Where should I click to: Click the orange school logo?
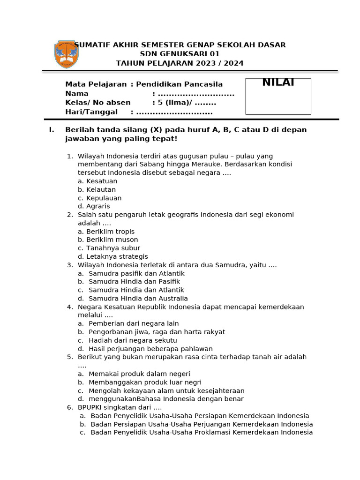click(x=66, y=54)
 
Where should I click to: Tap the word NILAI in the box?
click(x=278, y=83)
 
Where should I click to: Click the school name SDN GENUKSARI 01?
click(x=180, y=54)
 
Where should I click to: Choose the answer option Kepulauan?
click(x=104, y=198)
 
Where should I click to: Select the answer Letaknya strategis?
click(x=117, y=256)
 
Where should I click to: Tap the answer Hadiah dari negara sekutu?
click(x=133, y=340)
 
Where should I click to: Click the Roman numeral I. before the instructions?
click(x=52, y=130)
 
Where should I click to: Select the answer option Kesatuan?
click(x=102, y=181)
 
